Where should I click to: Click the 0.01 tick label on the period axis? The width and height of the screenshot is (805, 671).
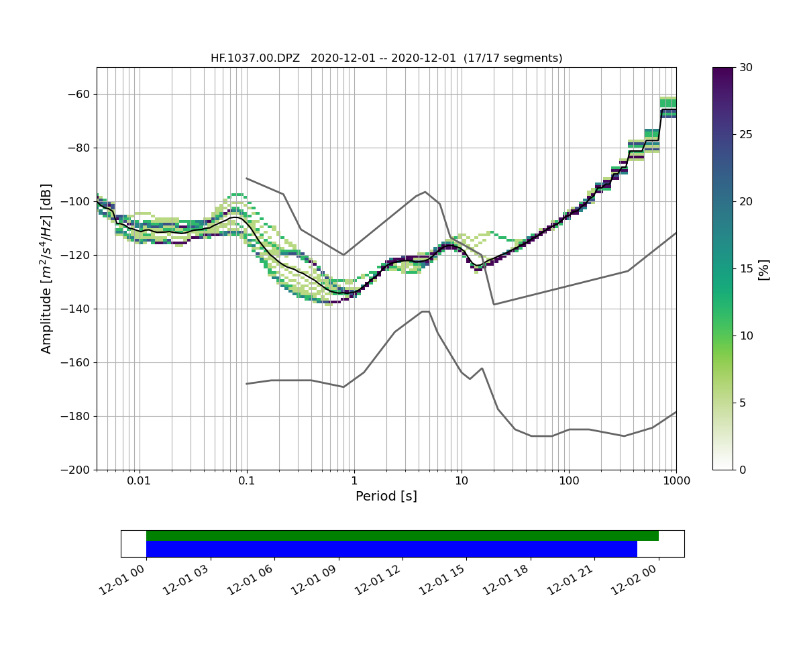pyautogui.click(x=139, y=481)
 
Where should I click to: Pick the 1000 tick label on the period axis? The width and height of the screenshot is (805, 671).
pyautogui.click(x=676, y=481)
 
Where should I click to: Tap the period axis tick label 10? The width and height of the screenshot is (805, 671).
pyautogui.click(x=462, y=481)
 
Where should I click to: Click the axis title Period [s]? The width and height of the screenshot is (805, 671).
pyautogui.click(x=386, y=497)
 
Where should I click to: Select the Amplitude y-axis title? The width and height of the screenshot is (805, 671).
pyautogui.click(x=46, y=268)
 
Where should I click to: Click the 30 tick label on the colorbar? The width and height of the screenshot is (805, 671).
pyautogui.click(x=745, y=67)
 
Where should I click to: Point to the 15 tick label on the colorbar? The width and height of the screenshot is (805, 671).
pyautogui.click(x=745, y=268)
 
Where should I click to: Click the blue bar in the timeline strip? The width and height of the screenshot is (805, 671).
pyautogui.click(x=391, y=549)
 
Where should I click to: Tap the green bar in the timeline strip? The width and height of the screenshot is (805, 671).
pyautogui.click(x=402, y=535)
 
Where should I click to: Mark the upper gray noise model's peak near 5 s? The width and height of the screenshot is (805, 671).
pyautogui.click(x=425, y=192)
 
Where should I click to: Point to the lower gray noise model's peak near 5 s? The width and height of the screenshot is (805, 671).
pyautogui.click(x=425, y=311)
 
